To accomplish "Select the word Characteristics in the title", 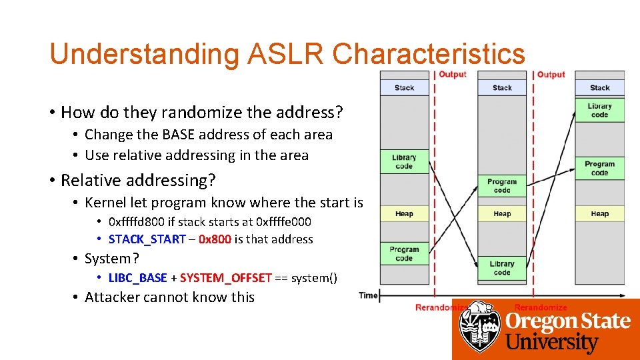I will click(x=429, y=54).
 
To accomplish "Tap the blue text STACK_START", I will click(x=147, y=239).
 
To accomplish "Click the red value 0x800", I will click(x=215, y=239).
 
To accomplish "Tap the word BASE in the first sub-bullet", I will click(x=179, y=134).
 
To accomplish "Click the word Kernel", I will click(x=107, y=202).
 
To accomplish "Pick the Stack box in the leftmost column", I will click(x=404, y=87).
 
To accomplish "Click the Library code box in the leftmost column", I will click(x=404, y=162).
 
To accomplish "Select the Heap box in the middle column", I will click(x=502, y=213).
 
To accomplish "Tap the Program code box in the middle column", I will click(x=502, y=185).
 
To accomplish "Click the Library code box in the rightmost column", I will click(x=599, y=110).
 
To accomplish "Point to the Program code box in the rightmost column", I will click(x=599, y=168).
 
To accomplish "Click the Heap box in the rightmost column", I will click(x=599, y=213).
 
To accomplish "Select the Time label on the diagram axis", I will click(x=368, y=295).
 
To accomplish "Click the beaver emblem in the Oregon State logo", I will click(x=480, y=327).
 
